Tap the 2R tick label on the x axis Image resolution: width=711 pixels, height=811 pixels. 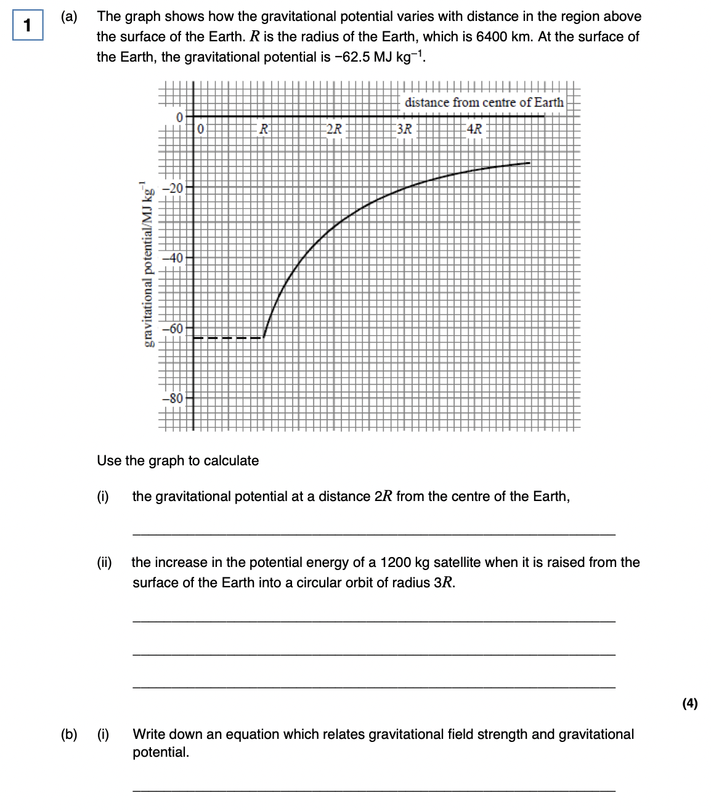(334, 129)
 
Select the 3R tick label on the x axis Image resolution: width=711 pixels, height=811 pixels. (404, 129)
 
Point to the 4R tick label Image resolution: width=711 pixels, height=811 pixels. (474, 129)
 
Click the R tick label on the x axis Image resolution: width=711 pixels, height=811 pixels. (264, 129)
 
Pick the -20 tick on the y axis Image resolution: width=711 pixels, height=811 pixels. (176, 188)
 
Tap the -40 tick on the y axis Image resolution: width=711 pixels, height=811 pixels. (176, 258)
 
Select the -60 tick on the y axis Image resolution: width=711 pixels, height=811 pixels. (176, 328)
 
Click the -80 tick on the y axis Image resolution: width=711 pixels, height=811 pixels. (176, 398)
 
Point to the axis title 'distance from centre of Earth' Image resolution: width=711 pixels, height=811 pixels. (484, 102)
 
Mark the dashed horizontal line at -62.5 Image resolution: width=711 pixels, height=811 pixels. (229, 338)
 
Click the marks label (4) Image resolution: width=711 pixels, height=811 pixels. (690, 703)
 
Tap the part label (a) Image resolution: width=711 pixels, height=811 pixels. (69, 17)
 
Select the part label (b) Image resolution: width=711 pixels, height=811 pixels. (69, 734)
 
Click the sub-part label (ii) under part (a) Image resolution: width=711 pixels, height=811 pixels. (104, 562)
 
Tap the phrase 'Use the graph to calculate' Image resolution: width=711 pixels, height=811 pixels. (178, 461)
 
